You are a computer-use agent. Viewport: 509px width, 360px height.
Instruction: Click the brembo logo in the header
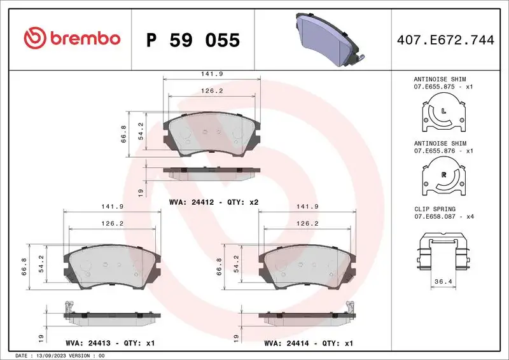click(x=71, y=39)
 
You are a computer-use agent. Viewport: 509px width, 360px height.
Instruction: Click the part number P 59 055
click(x=193, y=40)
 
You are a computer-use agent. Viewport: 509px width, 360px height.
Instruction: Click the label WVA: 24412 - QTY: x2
click(x=213, y=202)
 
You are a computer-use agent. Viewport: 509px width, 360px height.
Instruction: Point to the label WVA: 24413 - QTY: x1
click(x=110, y=343)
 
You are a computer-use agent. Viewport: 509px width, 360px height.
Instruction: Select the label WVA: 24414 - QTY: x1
click(x=309, y=343)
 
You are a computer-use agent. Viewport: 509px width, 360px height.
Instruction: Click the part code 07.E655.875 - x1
click(x=443, y=86)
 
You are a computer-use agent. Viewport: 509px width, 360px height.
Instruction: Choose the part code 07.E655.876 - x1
click(x=443, y=151)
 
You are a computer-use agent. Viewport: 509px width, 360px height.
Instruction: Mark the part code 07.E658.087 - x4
click(x=443, y=216)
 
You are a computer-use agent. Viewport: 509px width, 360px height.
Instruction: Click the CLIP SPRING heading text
click(x=435, y=208)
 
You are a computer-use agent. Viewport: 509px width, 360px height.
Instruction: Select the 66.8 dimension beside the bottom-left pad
click(x=25, y=263)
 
